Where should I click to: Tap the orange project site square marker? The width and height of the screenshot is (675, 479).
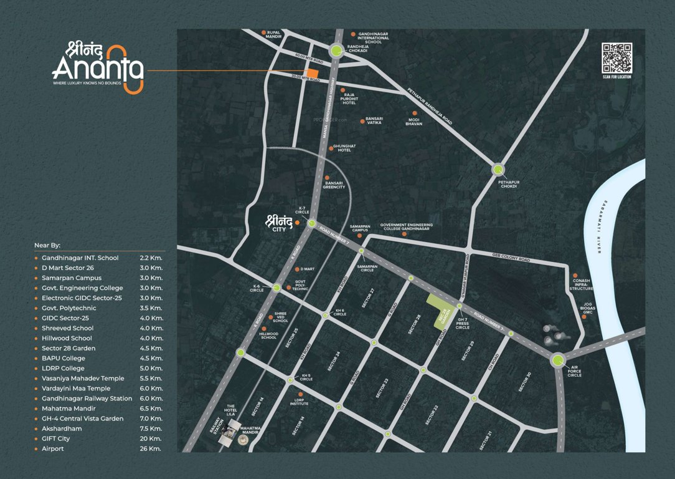312,74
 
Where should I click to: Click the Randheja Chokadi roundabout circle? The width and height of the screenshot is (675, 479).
336,52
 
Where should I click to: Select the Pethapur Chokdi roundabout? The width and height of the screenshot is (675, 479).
498,169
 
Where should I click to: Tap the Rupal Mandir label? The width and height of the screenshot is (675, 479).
274,35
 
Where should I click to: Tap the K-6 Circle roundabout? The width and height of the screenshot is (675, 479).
276,288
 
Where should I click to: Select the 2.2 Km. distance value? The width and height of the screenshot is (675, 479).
151,258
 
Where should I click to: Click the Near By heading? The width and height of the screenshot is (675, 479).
52,246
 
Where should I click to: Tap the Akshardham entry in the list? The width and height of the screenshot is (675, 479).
62,429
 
